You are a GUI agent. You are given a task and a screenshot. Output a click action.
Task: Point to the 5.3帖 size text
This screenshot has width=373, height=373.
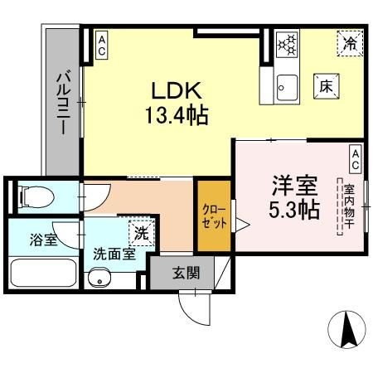coord(293,210)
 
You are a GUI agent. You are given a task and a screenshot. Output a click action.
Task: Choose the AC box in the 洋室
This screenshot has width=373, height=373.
coord(354,155)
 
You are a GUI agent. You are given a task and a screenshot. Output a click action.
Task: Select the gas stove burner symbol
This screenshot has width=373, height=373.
coord(287,44)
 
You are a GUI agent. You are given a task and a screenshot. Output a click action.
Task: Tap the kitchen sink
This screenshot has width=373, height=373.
coord(286,84)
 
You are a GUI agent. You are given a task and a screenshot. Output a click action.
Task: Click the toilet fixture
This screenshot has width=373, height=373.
coord(36,196)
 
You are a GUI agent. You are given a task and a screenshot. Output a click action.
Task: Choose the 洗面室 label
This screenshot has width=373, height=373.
coord(114,254)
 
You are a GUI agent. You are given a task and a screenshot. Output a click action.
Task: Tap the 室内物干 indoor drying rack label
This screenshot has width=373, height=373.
coord(349,207)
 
